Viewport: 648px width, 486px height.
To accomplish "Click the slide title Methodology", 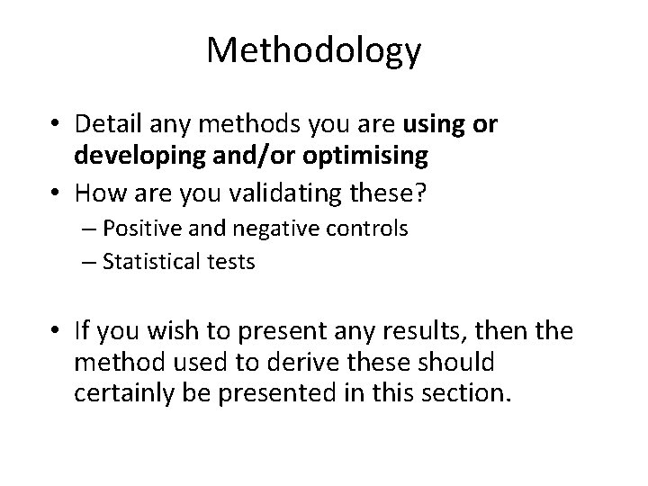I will pos(313,51).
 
